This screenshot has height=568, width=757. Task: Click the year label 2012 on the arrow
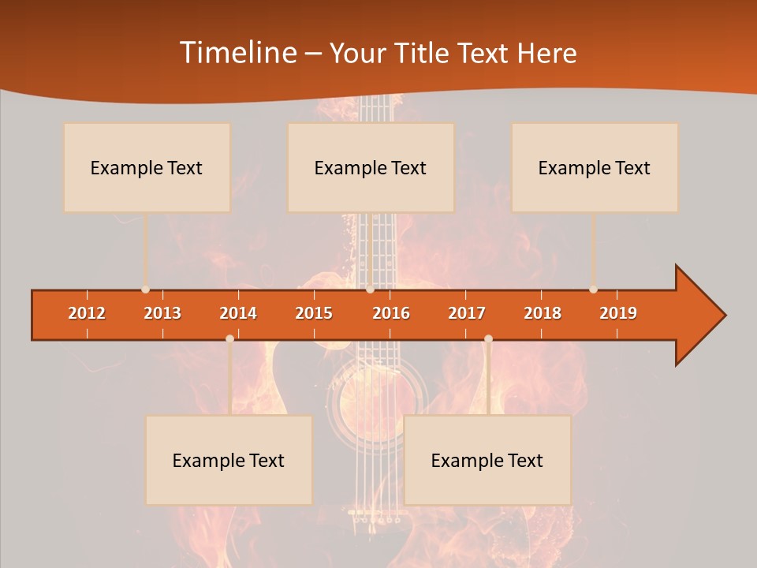(x=87, y=313)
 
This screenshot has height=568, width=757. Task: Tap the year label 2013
(x=162, y=313)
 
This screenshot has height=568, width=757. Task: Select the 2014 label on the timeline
(x=238, y=313)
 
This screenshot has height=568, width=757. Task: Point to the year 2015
(x=314, y=313)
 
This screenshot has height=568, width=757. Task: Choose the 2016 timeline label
(x=391, y=313)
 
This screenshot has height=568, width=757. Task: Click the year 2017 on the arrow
(x=467, y=313)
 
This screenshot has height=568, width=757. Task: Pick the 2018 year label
(x=543, y=313)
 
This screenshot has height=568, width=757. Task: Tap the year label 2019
(x=618, y=313)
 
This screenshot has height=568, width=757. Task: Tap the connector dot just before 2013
(x=145, y=290)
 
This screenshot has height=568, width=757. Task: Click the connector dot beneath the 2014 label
(x=229, y=338)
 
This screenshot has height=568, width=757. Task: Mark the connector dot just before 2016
(x=370, y=290)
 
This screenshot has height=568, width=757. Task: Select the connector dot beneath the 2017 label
(x=488, y=338)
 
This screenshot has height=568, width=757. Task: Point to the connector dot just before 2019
(x=593, y=290)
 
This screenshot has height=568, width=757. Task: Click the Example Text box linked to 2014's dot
(x=229, y=460)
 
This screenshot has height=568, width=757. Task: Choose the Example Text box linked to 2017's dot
(x=487, y=460)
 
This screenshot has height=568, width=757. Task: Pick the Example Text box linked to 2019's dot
(x=595, y=167)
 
